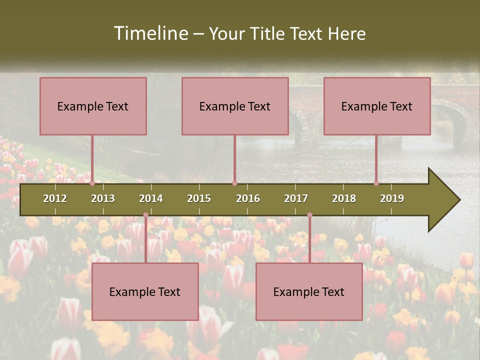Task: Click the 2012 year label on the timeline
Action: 55,198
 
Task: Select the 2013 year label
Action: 103,198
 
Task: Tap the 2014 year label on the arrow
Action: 151,198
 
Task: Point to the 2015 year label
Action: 199,198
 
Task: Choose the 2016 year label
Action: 248,198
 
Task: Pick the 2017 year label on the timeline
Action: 296,198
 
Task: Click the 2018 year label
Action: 344,198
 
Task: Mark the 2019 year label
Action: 392,198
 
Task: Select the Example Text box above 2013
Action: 93,106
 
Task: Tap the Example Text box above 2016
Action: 235,106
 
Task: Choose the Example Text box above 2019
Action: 377,106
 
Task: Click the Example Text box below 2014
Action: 145,291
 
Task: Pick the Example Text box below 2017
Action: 309,291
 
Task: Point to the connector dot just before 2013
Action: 92,183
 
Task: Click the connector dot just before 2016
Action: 234,183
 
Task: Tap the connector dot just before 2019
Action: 376,183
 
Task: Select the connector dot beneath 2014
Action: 145,215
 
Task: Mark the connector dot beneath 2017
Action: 309,215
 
